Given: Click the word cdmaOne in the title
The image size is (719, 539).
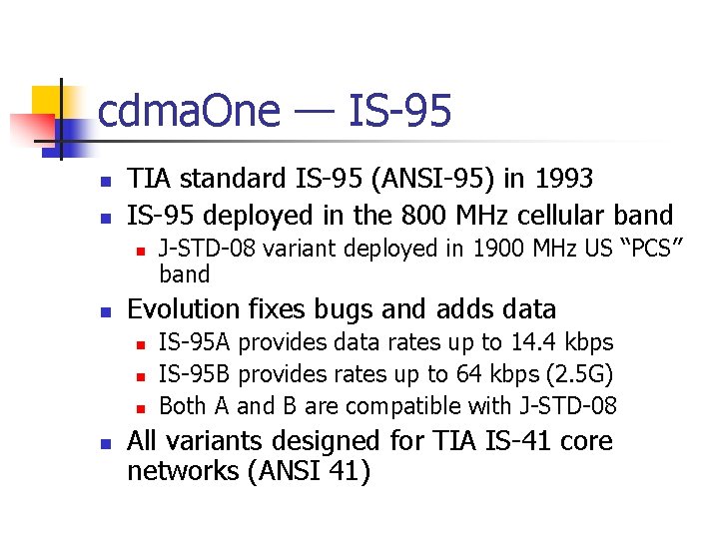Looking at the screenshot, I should pos(189,111).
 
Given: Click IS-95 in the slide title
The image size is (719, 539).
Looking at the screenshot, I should pos(399,111).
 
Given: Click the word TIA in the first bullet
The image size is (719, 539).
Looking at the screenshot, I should pos(149,179).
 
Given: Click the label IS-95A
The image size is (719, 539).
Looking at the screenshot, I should pos(195,342).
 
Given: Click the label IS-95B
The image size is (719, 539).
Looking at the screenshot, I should pos(195,374).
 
